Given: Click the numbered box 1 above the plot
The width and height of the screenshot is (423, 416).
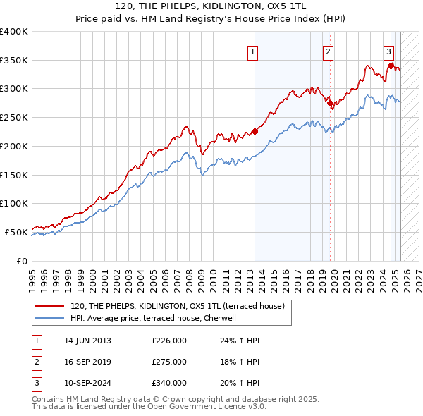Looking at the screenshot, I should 252,51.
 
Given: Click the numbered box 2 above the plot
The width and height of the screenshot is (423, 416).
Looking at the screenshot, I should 329,51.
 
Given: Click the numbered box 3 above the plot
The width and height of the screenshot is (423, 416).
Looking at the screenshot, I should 388,51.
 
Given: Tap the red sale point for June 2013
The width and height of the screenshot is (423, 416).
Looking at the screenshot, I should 255,130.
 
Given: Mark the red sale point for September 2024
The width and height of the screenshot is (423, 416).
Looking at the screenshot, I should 391,66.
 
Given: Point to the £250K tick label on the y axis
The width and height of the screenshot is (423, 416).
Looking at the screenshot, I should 14,117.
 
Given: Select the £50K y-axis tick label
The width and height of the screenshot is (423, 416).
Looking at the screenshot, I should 17,232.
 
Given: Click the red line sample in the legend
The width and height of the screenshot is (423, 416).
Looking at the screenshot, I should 49,306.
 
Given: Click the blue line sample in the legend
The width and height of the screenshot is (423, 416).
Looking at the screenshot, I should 49,318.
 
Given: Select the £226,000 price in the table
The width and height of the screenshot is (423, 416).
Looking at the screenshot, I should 169,340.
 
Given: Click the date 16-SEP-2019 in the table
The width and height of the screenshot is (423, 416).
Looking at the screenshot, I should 87,361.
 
